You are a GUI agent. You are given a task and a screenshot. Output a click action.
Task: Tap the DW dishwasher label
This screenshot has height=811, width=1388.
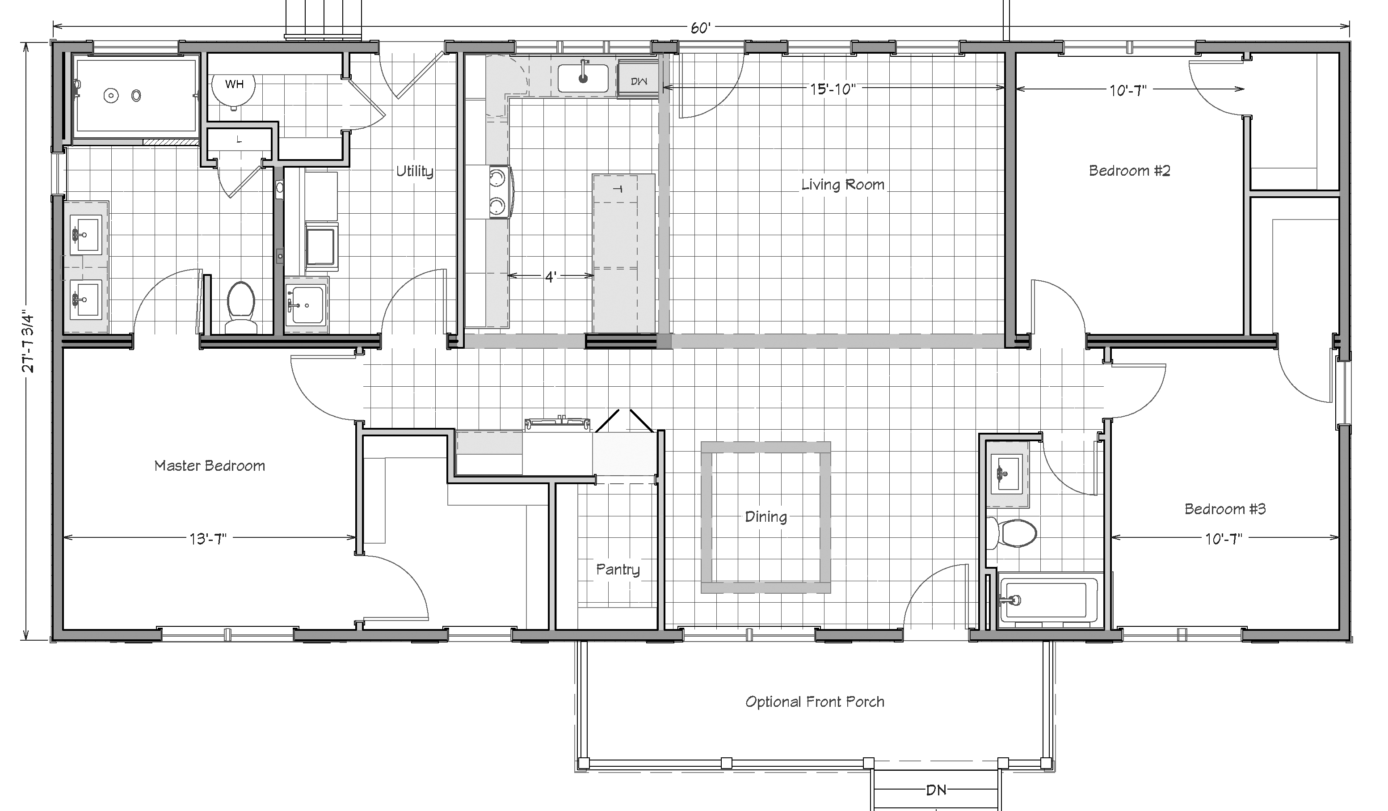(x=639, y=81)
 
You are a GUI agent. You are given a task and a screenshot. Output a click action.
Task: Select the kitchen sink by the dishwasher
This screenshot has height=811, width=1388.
(x=583, y=78)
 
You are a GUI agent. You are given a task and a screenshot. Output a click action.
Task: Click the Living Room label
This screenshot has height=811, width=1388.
(x=843, y=185)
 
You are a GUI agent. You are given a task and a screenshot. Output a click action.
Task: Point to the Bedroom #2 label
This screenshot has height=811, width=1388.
(x=1129, y=171)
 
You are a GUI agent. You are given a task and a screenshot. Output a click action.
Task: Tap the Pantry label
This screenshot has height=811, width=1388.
(x=618, y=569)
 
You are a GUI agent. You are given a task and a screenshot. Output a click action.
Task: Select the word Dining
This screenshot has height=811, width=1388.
(x=766, y=517)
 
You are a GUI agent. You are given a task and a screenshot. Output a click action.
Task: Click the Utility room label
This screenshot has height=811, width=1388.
(x=415, y=171)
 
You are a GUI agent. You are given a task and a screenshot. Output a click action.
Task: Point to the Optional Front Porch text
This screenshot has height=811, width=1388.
(x=815, y=701)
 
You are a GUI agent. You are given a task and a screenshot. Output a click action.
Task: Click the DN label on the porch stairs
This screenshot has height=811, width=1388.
(x=936, y=790)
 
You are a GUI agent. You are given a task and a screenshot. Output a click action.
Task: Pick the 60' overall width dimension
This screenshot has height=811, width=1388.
(x=700, y=28)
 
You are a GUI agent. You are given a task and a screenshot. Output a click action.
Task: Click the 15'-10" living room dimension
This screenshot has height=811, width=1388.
(x=832, y=88)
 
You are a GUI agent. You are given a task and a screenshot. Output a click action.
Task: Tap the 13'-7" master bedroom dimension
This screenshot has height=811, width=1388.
(x=208, y=538)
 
